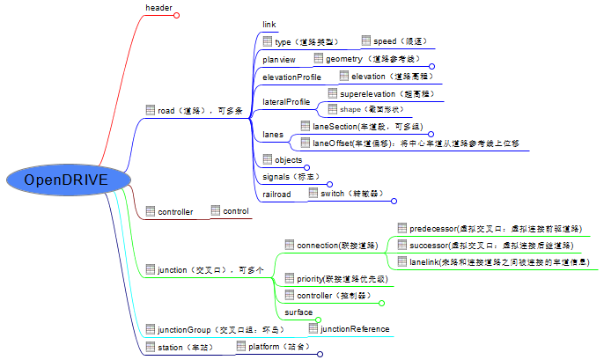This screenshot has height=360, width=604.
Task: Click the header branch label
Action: point(158,8)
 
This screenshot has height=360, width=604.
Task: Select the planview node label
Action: point(279,59)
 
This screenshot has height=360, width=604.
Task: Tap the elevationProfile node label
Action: point(291,77)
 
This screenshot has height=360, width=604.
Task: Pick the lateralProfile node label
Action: point(285,102)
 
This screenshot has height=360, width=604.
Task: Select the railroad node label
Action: point(276,194)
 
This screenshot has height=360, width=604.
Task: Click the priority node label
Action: point(341,279)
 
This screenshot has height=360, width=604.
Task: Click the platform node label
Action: point(278,347)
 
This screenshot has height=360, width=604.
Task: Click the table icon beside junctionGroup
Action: point(151,330)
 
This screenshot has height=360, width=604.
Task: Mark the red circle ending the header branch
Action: point(176,15)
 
